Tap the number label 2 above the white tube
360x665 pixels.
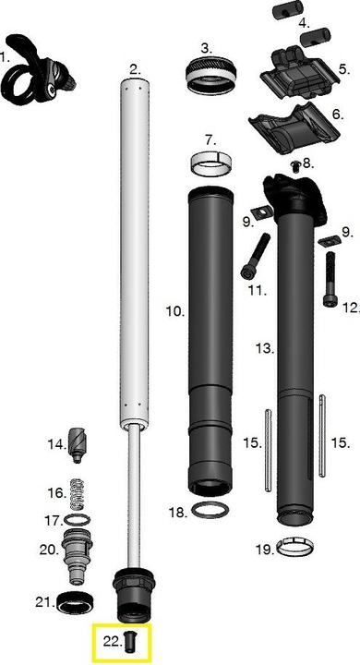click(x=135, y=69)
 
